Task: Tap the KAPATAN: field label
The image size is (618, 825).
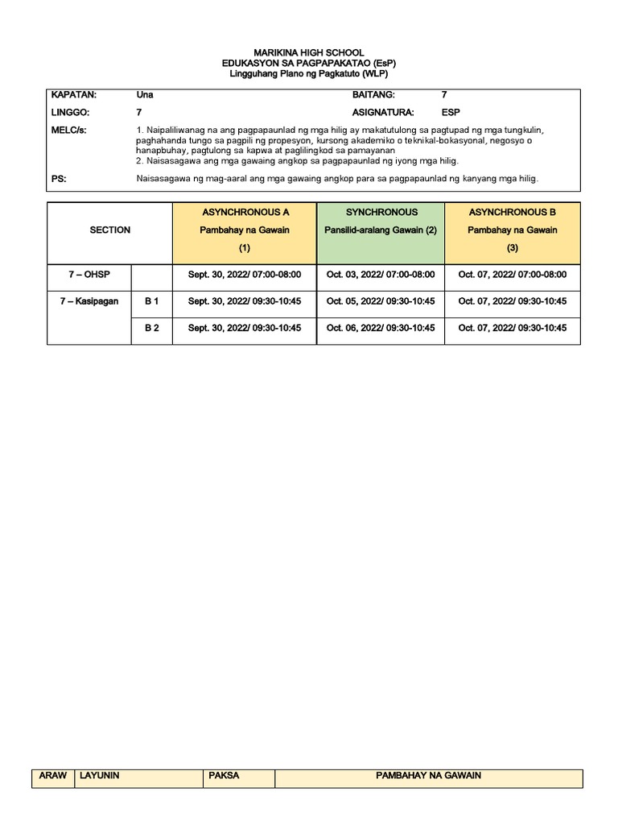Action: click(73, 95)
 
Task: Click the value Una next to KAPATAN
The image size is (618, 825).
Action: click(145, 95)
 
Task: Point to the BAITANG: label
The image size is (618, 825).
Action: click(373, 95)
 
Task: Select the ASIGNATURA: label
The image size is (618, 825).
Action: click(382, 113)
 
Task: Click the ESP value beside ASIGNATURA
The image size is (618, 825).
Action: click(451, 113)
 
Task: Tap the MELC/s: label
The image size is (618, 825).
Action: click(69, 131)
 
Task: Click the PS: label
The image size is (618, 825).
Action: click(59, 179)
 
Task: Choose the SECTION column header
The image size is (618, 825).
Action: click(110, 230)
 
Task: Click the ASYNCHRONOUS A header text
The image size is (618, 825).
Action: click(245, 212)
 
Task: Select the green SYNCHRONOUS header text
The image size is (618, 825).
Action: click(381, 212)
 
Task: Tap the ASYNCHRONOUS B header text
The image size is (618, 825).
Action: click(513, 212)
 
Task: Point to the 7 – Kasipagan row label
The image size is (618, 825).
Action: click(89, 301)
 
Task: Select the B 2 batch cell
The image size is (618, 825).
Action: click(151, 328)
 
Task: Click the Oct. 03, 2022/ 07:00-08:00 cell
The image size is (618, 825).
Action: click(381, 275)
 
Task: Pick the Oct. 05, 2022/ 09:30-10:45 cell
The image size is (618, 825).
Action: click(381, 301)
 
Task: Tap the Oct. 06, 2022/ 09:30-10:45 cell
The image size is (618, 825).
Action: click(381, 328)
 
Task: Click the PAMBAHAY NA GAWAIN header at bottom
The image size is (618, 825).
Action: click(428, 776)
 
